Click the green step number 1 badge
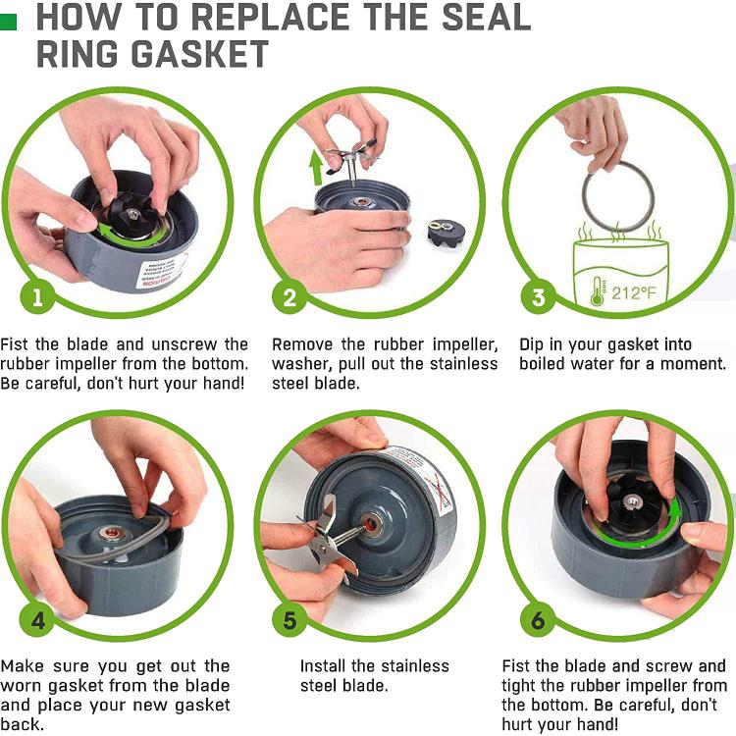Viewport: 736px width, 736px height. click(38, 296)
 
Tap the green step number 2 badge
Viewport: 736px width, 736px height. click(289, 296)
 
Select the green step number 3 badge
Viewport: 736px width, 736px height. click(538, 296)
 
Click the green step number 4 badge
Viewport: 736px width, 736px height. click(38, 621)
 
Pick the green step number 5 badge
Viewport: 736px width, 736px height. click(289, 621)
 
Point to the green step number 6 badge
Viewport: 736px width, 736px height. click(538, 621)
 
